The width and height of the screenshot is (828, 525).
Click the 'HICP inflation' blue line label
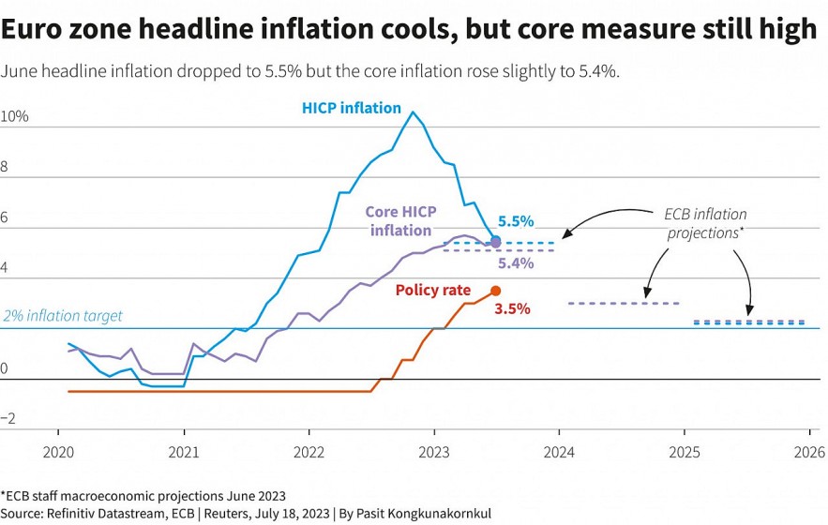click(x=351, y=108)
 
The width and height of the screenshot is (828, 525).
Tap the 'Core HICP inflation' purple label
click(x=400, y=221)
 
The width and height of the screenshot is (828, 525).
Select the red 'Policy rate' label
click(x=432, y=291)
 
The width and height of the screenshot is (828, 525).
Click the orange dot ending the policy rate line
click(x=496, y=291)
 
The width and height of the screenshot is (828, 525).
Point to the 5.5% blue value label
click(x=516, y=221)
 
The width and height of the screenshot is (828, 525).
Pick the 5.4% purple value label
click(x=516, y=263)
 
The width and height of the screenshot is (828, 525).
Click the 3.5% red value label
click(x=513, y=307)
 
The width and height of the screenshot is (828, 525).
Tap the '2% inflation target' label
click(x=62, y=316)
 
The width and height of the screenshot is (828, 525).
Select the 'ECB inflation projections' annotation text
click(x=705, y=224)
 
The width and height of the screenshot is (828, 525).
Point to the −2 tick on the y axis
click(x=9, y=420)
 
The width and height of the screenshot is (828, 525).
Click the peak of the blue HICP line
click(x=414, y=112)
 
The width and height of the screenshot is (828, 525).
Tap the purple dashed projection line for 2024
click(x=624, y=303)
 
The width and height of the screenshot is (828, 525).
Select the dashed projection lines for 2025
click(x=748, y=322)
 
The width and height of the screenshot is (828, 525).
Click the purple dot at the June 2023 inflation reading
click(x=496, y=242)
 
